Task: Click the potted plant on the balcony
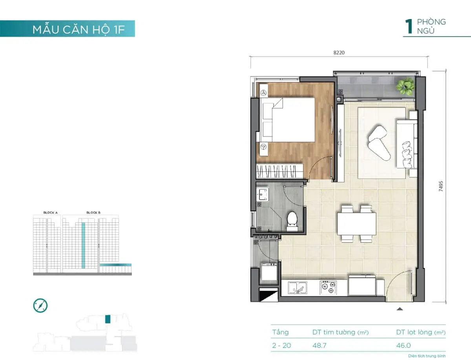tap(405, 86)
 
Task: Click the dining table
tap(356, 223)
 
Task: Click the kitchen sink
tap(297, 288)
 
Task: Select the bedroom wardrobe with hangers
tap(279, 171)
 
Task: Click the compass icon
tap(40, 305)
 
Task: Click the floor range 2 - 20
tap(281, 346)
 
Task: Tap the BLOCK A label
tap(51, 213)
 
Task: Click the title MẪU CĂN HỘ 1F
tap(78, 30)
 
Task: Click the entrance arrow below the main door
tap(400, 309)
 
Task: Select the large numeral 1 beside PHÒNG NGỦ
tap(409, 27)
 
